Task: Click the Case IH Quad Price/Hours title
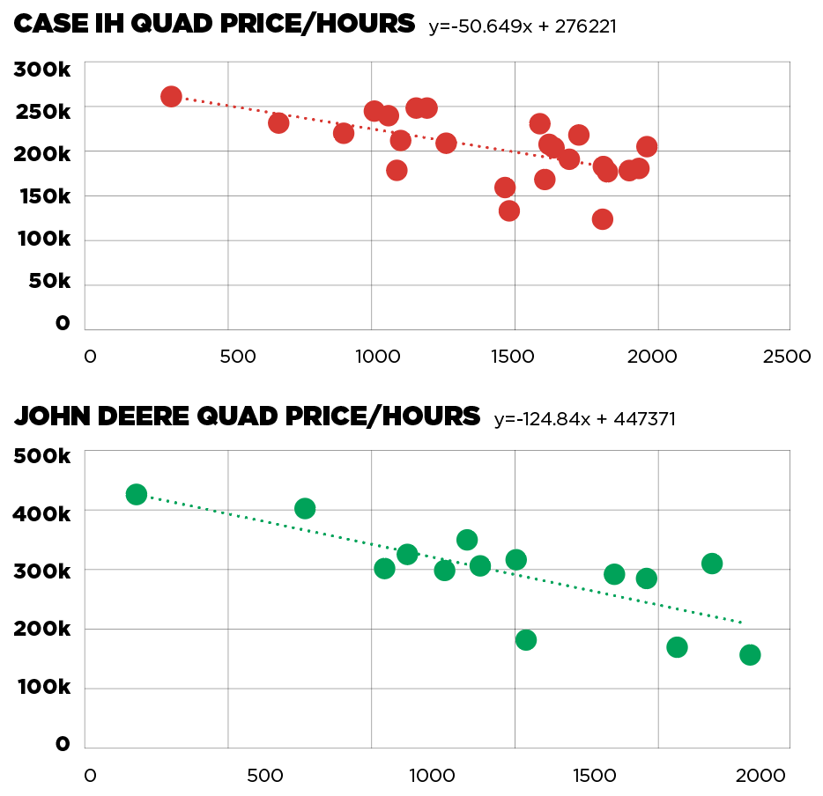(x=214, y=25)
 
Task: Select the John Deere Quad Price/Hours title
(x=248, y=416)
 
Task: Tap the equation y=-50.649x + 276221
(x=523, y=27)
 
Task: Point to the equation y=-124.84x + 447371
(x=585, y=419)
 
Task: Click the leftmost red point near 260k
(x=172, y=97)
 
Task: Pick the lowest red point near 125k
(x=603, y=219)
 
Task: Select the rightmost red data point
(x=647, y=147)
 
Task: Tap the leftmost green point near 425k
(x=137, y=494)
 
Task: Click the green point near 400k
(x=305, y=508)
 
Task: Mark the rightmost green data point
(x=750, y=654)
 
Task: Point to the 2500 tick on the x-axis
(x=786, y=357)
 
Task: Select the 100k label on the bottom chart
(x=41, y=687)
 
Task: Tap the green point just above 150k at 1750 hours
(x=677, y=647)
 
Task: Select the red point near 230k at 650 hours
(x=278, y=122)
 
